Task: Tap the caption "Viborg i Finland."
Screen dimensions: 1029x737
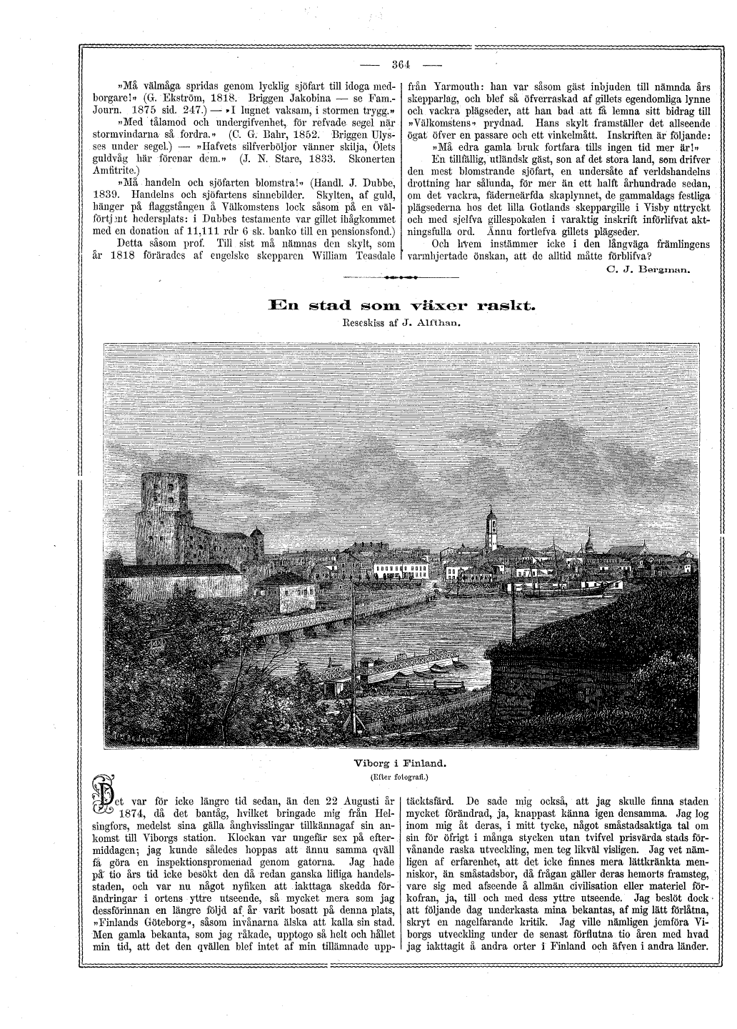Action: pyautogui.click(x=402, y=762)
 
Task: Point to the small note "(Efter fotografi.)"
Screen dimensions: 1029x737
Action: pyautogui.click(x=402, y=775)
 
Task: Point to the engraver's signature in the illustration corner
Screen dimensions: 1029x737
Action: pyautogui.click(x=134, y=733)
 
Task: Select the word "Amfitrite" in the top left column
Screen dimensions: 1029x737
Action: pyautogui.click(x=118, y=171)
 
